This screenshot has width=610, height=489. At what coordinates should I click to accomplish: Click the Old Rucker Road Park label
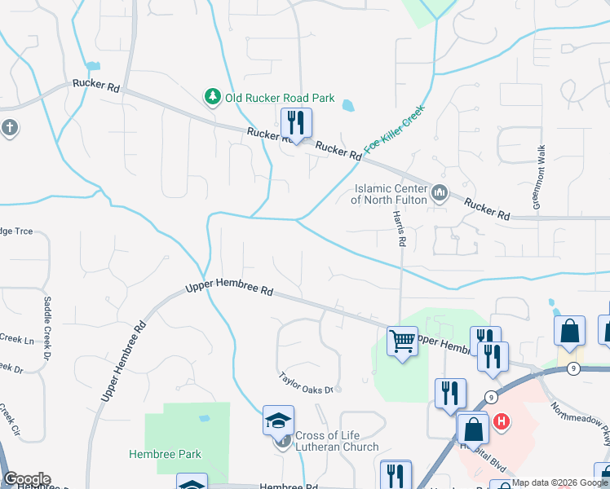point(280,98)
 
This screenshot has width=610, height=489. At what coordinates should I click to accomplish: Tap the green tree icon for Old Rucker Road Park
point(213,98)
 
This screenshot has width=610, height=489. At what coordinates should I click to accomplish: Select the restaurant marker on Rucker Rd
point(295,124)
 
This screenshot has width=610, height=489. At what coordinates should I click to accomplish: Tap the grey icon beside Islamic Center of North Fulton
point(440,193)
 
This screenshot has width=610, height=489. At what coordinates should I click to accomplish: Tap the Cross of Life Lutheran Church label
point(336,441)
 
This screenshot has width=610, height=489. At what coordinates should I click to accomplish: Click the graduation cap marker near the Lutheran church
point(278,421)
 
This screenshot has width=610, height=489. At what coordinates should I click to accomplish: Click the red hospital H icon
point(502,421)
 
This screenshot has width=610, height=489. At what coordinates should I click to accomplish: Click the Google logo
point(26,479)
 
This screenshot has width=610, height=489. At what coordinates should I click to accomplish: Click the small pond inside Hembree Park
point(204,418)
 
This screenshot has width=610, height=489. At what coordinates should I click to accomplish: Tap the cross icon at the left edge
point(9,127)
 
